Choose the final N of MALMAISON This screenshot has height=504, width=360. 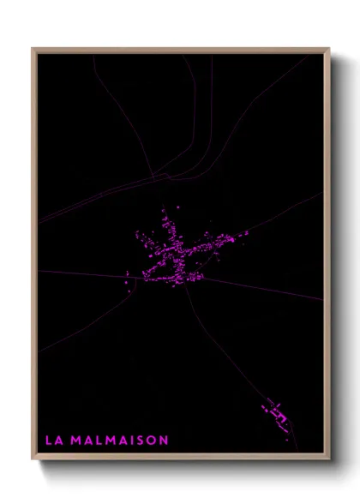tap(163, 441)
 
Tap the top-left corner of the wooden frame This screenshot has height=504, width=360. tap(33, 49)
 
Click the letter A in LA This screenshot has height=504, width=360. tap(57, 441)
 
